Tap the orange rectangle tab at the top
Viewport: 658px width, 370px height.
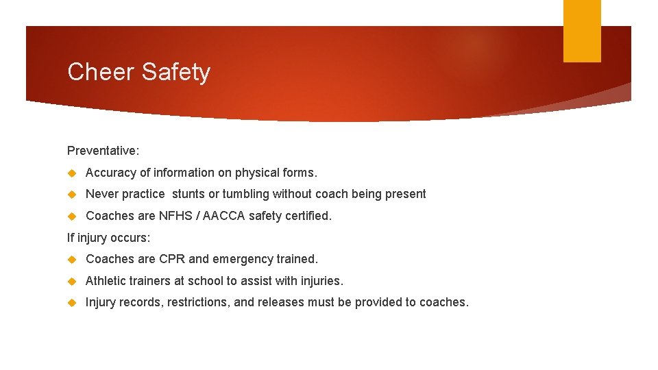tap(582, 30)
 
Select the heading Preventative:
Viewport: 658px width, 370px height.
tap(103, 150)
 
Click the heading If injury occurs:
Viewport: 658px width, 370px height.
tap(108, 238)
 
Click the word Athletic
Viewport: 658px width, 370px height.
tap(106, 281)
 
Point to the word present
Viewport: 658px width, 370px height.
tap(406, 194)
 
